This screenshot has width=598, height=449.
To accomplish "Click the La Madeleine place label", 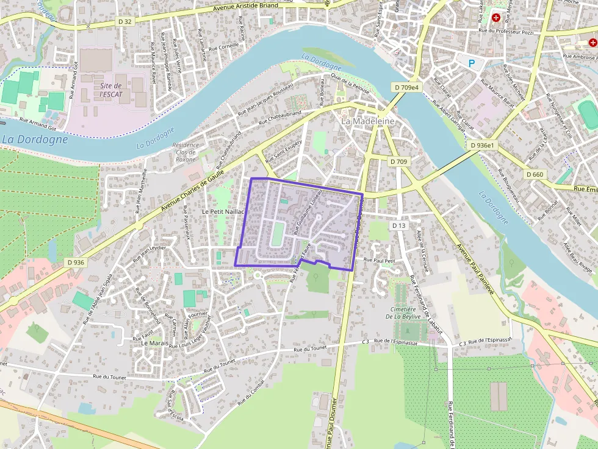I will (x=367, y=121).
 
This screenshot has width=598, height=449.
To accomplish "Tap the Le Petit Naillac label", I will (x=223, y=211).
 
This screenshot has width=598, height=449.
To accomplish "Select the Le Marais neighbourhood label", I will (x=154, y=343).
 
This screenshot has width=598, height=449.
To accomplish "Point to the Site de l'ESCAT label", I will (x=111, y=90).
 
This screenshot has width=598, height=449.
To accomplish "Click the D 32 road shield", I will (x=125, y=21).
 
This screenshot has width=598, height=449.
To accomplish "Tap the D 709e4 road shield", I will (x=407, y=88).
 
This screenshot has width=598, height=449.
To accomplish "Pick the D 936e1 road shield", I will (x=482, y=146).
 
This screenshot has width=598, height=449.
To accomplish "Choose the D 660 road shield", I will (x=535, y=174).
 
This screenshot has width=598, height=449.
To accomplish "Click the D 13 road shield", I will (x=398, y=225).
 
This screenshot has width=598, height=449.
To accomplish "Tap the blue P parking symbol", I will (x=471, y=63).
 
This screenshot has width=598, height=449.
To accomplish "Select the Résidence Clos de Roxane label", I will (x=186, y=152).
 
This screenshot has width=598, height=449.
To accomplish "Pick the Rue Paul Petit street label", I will (x=380, y=260).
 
